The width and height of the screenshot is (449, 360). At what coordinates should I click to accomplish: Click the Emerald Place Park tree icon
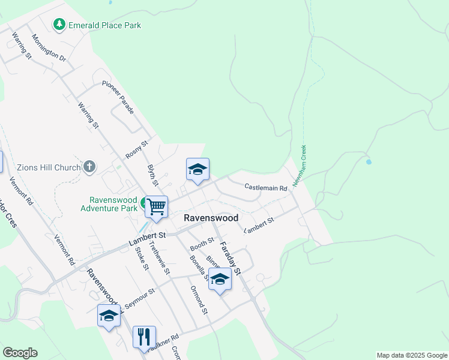tap(59, 25)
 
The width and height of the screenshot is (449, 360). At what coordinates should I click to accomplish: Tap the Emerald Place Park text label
tap(105, 25)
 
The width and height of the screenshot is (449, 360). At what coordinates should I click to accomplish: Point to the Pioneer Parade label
tap(118, 97)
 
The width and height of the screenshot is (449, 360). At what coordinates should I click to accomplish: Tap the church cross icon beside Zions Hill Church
tap(89, 167)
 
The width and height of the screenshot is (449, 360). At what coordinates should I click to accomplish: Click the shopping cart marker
tap(156, 207)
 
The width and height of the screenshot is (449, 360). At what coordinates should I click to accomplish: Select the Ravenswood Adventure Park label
tap(113, 204)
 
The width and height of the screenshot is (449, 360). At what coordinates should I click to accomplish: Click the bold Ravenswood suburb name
tap(211, 218)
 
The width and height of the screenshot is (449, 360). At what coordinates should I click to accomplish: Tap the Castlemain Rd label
tap(266, 188)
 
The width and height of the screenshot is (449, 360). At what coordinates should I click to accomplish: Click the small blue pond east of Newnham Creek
tap(368, 161)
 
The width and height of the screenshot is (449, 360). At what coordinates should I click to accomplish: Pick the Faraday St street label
tap(230, 257)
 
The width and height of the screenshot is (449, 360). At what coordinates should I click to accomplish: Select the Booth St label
tap(202, 244)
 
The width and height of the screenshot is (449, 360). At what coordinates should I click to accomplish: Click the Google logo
tap(20, 353)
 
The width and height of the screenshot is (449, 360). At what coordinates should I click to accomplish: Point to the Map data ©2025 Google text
tap(411, 355)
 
